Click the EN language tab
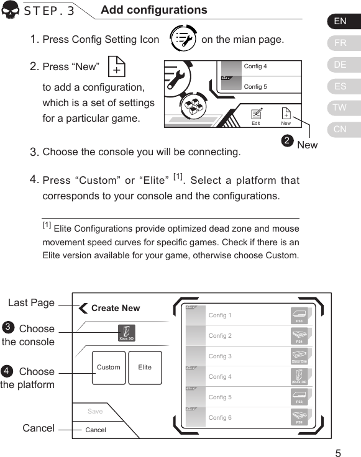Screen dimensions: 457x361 pyautogui.click(x=340, y=21)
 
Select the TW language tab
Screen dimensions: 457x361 pyautogui.click(x=340, y=108)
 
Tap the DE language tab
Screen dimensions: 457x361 pyautogui.click(x=340, y=65)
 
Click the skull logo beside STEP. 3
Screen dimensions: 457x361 pyautogui.click(x=11, y=12)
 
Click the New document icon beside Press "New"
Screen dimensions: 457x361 pyautogui.click(x=116, y=67)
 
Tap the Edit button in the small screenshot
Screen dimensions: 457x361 pyautogui.click(x=255, y=116)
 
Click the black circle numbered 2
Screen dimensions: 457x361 pyautogui.click(x=287, y=141)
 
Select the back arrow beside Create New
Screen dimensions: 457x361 pyautogui.click(x=83, y=308)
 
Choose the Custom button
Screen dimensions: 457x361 pyautogui.click(x=109, y=368)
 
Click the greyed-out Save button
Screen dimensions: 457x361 pyautogui.click(x=95, y=411)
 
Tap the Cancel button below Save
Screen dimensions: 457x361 pyautogui.click(x=96, y=430)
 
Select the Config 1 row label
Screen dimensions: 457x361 pyautogui.click(x=220, y=315)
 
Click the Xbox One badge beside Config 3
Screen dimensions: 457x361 pyautogui.click(x=299, y=356)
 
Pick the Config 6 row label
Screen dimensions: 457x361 pyautogui.click(x=220, y=418)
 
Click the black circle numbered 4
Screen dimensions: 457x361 pyautogui.click(x=7, y=371)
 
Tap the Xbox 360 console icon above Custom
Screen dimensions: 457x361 pyautogui.click(x=125, y=332)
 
